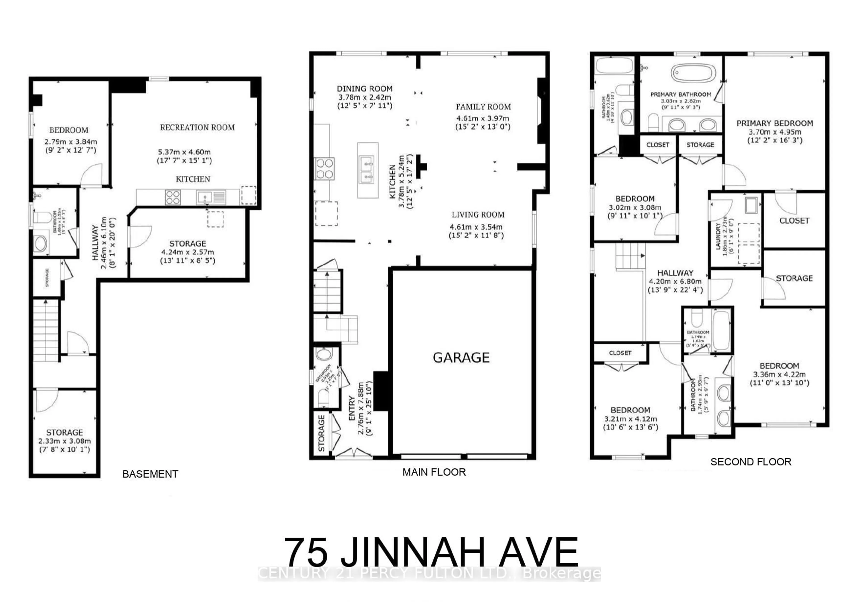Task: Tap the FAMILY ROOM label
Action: [483, 107]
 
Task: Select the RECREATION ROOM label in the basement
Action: [197, 127]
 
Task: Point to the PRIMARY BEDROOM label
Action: [775, 123]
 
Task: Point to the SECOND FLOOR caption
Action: [751, 462]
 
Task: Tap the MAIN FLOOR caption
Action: [434, 472]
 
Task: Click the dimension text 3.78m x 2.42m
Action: [365, 97]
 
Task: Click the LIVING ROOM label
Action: [478, 215]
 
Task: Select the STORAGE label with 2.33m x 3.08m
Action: [64, 432]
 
